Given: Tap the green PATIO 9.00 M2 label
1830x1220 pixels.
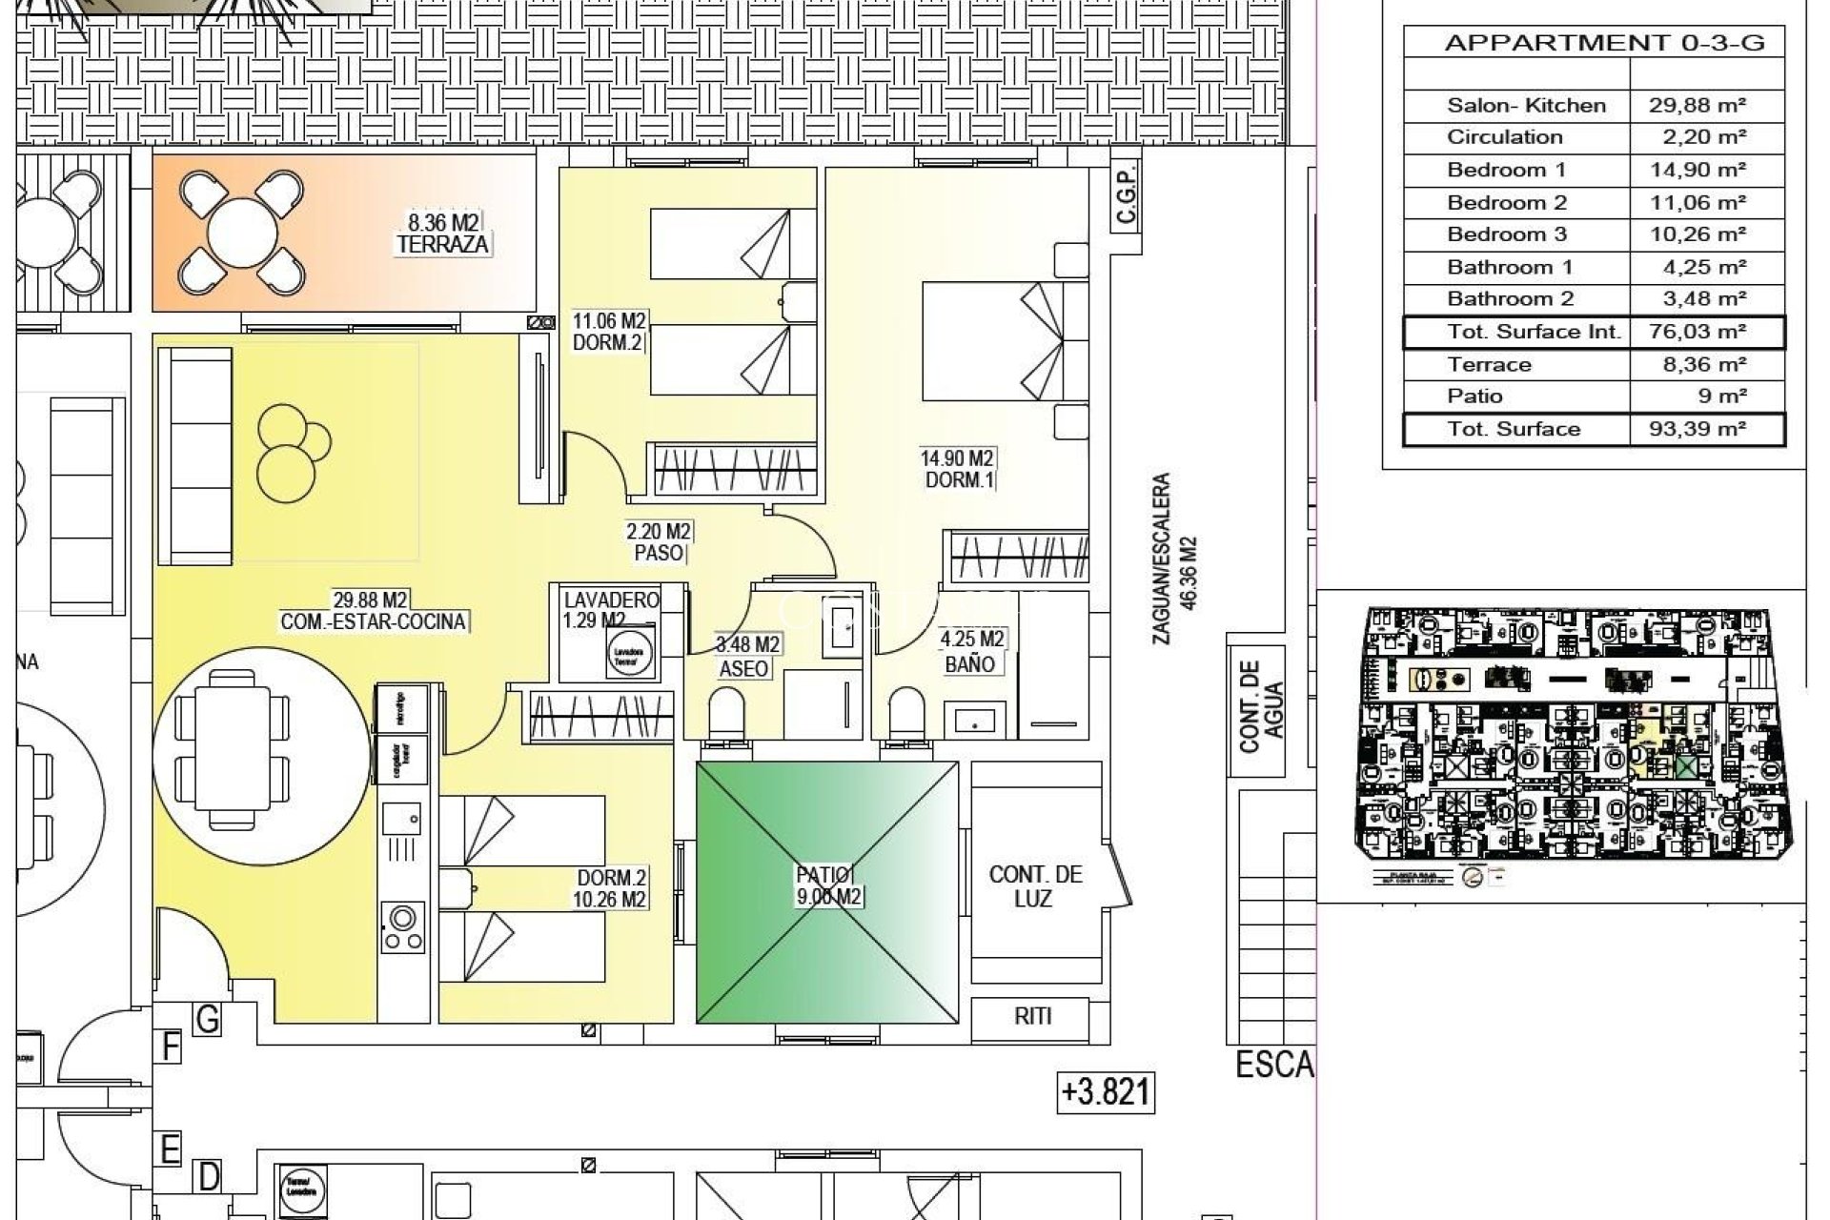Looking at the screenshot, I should [x=828, y=885].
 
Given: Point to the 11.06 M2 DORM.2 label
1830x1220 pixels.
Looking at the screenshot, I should [x=608, y=332].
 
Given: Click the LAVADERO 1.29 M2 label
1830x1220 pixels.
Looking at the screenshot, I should [x=611, y=610].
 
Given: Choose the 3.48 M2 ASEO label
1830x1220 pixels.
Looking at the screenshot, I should [x=747, y=657].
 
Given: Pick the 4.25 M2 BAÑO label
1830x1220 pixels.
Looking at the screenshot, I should [x=971, y=652].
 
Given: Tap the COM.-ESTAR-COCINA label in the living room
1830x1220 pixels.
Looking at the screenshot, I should [x=373, y=611].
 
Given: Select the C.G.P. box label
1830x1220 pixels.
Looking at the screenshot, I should [x=1126, y=198].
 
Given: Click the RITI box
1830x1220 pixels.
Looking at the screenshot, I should [x=1032, y=1017].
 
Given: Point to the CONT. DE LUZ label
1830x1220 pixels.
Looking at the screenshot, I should [x=1035, y=886].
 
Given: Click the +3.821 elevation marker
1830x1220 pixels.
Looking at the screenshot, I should [x=1106, y=1091].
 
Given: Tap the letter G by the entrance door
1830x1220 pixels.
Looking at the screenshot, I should [x=207, y=1020].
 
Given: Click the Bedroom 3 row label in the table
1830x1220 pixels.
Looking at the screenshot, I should [x=1506, y=234].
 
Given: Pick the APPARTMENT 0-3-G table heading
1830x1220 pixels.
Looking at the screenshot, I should [x=1604, y=43].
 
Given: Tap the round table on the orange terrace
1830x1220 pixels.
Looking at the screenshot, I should [x=241, y=233].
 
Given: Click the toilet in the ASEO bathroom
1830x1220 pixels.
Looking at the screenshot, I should [x=726, y=712].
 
